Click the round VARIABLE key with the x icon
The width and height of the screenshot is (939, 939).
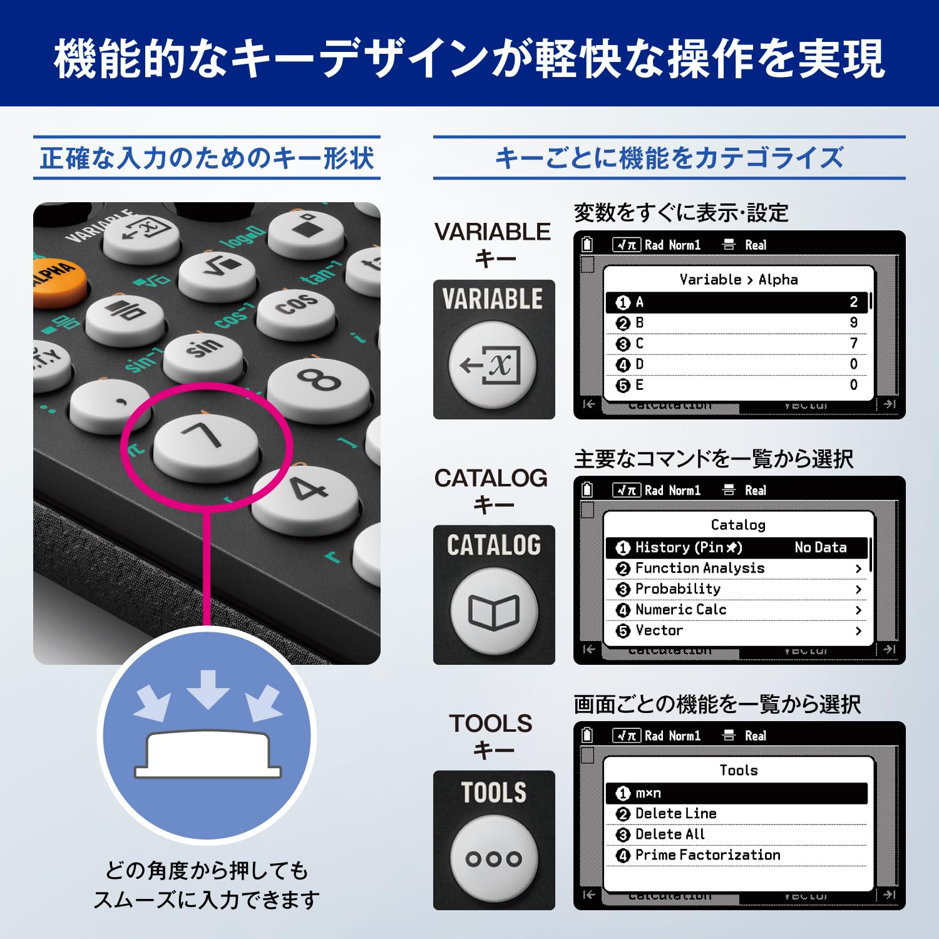tap(493, 364)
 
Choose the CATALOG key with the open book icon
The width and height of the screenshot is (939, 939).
tap(494, 611)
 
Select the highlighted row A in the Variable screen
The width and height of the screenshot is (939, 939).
tap(737, 302)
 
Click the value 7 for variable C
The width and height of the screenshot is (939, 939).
tap(853, 344)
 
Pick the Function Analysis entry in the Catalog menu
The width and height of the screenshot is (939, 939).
tap(699, 568)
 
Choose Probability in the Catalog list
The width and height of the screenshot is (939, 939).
tap(677, 589)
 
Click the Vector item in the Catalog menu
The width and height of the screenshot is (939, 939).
tap(659, 630)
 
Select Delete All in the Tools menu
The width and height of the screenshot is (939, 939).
tap(670, 834)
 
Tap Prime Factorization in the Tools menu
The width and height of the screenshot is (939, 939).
tap(707, 855)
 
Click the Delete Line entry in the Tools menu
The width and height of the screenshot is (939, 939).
tap(675, 814)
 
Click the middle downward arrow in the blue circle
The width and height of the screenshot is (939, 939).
tap(208, 689)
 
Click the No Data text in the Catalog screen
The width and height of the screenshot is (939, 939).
tap(820, 548)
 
